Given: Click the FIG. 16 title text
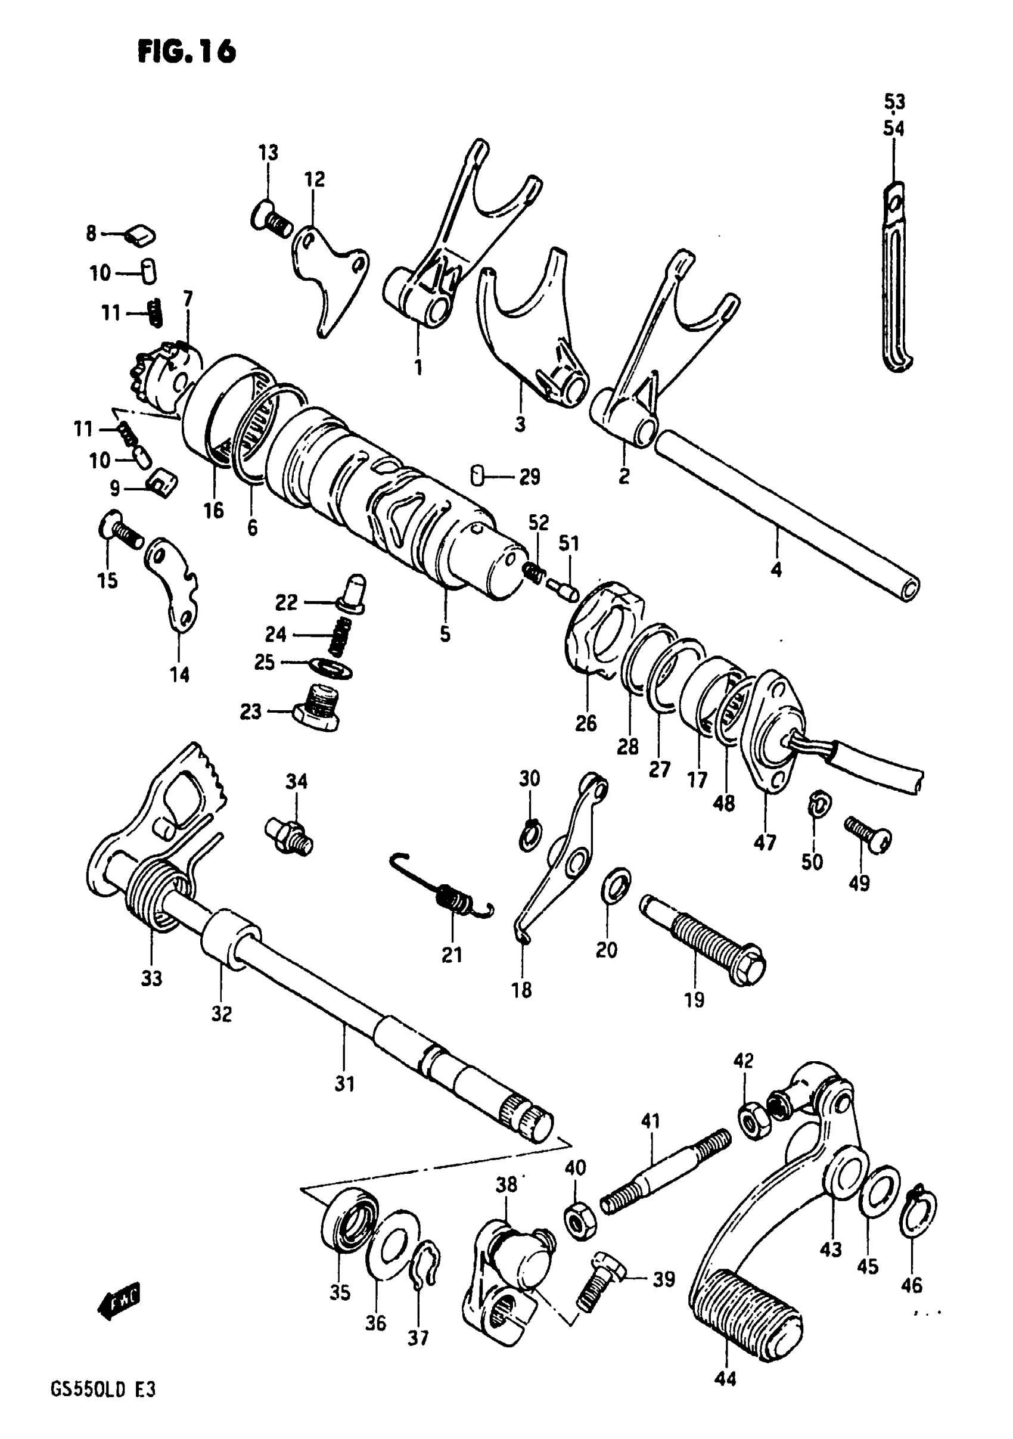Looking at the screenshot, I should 187,51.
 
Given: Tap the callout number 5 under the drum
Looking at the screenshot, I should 445,634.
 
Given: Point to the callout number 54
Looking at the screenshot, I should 894,129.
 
